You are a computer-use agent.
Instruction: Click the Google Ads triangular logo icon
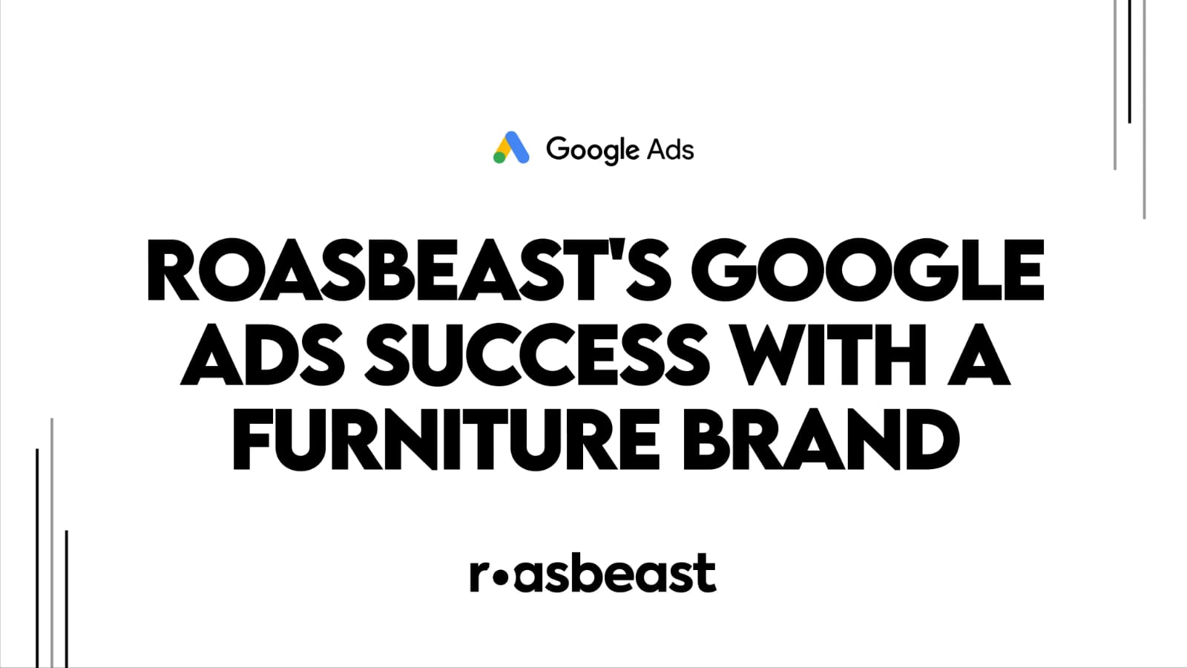[x=511, y=148]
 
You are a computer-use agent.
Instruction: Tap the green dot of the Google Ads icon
[x=499, y=157]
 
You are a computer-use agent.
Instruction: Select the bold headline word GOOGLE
[x=868, y=270]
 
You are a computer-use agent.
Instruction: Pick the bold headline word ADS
[x=263, y=354]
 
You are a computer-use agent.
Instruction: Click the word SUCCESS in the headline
[x=537, y=354]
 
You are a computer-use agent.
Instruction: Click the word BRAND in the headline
[x=821, y=439]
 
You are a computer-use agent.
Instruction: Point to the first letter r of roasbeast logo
[x=479, y=576]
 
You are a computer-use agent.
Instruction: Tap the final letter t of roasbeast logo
[x=707, y=572]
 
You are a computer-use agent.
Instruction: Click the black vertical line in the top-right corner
[x=1130, y=62]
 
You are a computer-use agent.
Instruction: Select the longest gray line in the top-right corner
[x=1145, y=109]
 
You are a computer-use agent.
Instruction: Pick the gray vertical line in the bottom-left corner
[x=52, y=543]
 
